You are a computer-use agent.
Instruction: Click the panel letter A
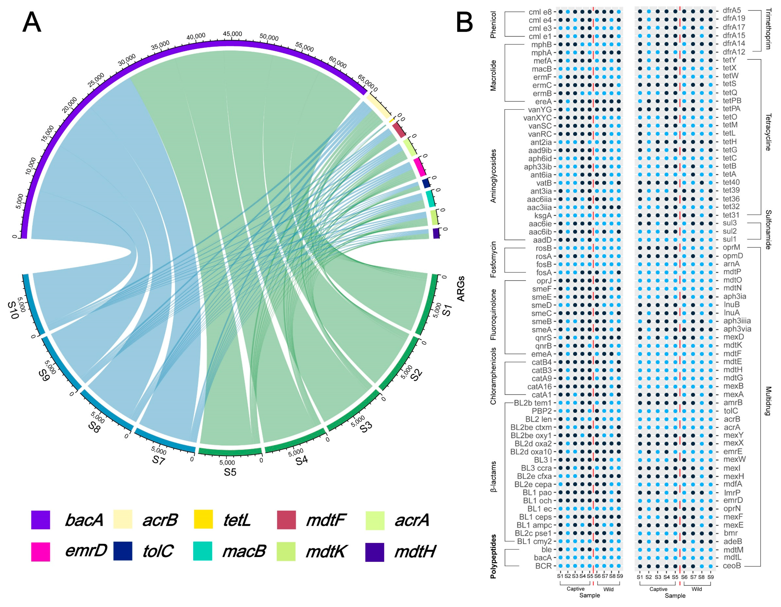click(32, 22)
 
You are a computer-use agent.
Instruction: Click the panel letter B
click(464, 22)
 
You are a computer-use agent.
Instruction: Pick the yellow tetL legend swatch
click(203, 520)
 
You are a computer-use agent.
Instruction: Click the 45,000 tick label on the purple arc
click(232, 34)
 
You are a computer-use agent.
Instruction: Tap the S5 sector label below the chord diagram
click(230, 472)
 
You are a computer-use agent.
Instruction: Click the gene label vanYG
click(540, 110)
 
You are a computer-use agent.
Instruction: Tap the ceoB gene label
click(732, 566)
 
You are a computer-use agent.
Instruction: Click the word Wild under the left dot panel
click(608, 589)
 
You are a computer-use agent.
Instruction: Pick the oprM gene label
click(731, 247)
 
